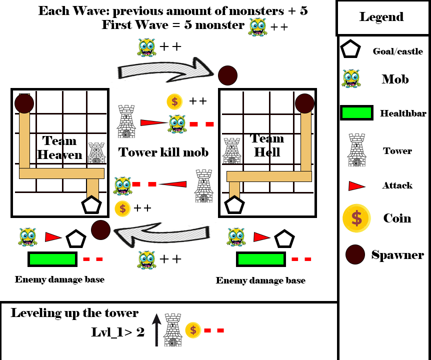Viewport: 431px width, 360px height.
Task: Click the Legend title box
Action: [381, 17]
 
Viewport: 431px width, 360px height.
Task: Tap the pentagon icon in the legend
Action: [350, 50]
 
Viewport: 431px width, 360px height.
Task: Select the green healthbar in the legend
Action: [356, 113]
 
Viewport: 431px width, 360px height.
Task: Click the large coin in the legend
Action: [356, 218]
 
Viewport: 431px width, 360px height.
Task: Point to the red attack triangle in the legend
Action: [356, 186]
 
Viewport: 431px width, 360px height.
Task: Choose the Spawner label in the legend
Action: [397, 255]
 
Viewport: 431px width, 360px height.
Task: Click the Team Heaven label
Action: [59, 147]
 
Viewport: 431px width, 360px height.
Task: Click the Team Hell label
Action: [267, 145]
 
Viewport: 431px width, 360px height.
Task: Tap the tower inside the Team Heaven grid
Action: [97, 153]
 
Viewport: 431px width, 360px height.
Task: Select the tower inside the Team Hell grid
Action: [231, 151]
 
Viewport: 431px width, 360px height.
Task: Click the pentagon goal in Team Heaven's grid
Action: [91, 205]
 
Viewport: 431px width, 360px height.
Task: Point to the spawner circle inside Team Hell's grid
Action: [304, 103]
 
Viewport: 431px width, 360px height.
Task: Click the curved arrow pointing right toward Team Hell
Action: [165, 67]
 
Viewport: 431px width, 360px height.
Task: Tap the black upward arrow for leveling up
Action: [156, 330]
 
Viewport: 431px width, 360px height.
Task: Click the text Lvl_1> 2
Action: [118, 332]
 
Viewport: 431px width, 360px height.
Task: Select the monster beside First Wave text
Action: [257, 27]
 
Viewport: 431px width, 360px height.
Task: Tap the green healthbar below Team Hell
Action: [260, 259]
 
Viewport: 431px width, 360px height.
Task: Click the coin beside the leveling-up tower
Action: [193, 330]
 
